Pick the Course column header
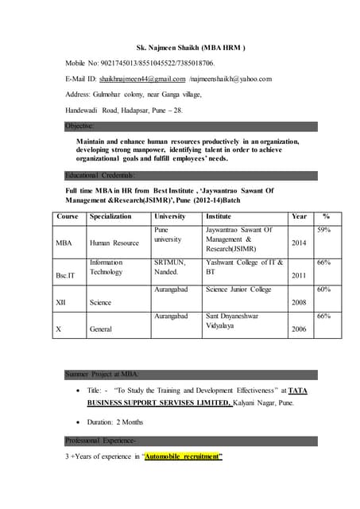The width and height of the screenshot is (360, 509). [x=68, y=216]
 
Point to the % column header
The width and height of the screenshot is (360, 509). [x=325, y=216]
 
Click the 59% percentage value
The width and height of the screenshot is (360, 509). [x=323, y=230]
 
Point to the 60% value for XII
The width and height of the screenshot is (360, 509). [x=323, y=289]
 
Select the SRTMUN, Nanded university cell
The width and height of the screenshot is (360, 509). [x=170, y=266]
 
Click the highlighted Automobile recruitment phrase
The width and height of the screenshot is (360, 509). [x=183, y=457]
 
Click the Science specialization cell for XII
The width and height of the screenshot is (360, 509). [x=101, y=303]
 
